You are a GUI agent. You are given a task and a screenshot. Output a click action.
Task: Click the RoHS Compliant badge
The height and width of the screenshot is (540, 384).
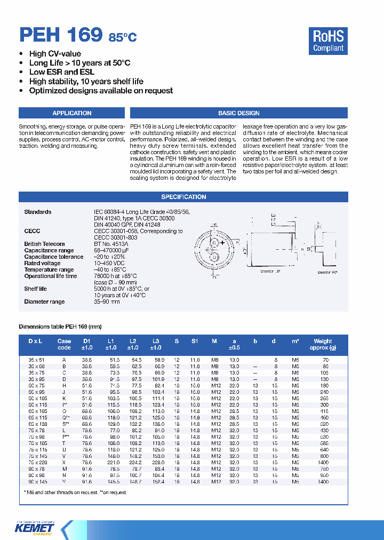tap(328, 41)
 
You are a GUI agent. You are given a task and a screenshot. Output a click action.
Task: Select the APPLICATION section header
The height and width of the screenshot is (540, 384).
tap(72, 113)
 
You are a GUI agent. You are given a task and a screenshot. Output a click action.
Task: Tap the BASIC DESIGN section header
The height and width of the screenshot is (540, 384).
tap(238, 113)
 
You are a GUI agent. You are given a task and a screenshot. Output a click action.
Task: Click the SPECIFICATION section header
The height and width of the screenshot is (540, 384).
tap(183, 197)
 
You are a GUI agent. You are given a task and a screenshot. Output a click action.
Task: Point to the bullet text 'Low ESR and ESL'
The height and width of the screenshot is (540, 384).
tap(62, 72)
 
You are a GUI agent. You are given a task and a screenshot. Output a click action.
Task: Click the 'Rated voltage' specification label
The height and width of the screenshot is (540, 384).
tap(42, 263)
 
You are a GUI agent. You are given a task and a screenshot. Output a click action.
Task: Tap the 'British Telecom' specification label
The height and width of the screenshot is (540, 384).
tap(44, 244)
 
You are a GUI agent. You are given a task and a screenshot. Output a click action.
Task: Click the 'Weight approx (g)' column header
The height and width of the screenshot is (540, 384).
tap(323, 344)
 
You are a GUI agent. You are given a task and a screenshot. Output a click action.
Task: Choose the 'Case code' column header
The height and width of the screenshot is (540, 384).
tap(64, 344)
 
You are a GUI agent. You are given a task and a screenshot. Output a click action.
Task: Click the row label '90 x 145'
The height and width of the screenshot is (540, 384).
tap(38, 482)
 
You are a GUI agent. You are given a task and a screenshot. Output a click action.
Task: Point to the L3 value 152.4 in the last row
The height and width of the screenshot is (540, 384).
tap(158, 482)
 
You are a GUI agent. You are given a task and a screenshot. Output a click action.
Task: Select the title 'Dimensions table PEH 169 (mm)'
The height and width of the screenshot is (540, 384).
tap(60, 327)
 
